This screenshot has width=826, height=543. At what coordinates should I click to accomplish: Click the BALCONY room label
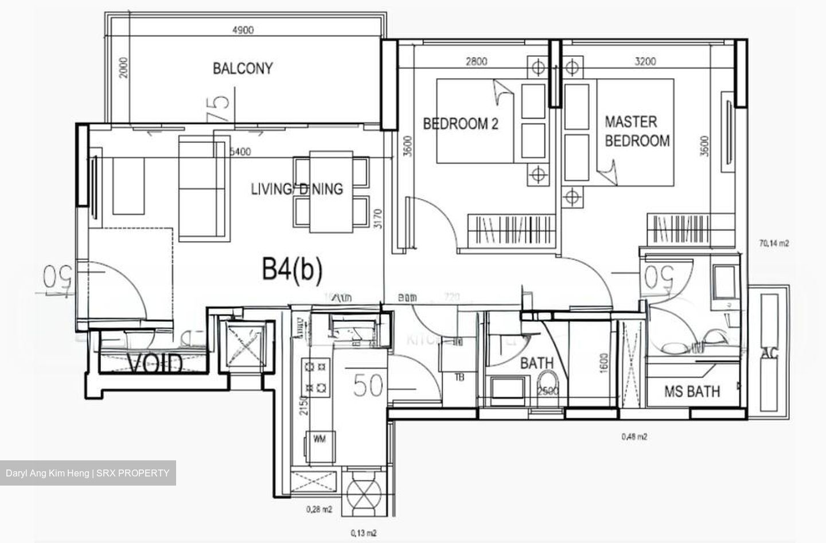point(243,68)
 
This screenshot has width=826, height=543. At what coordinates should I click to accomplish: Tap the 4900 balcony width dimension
point(243,30)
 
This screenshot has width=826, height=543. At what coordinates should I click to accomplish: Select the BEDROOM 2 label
point(461,123)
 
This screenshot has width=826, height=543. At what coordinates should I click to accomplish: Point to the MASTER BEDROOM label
point(637,131)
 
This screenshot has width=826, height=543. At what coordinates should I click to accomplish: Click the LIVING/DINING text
point(297,188)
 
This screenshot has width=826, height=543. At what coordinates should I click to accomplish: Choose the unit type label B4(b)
point(292,269)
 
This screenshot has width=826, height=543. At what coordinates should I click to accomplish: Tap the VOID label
point(155,364)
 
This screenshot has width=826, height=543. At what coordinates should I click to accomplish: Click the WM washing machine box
point(320,439)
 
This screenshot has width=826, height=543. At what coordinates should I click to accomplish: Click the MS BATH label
point(692,392)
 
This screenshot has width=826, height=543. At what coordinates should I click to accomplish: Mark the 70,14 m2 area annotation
point(774,243)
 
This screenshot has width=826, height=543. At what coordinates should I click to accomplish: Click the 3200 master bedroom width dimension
point(645,61)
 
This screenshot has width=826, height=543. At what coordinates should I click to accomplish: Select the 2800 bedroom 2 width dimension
point(476,61)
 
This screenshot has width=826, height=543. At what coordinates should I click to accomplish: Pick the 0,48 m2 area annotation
point(634,436)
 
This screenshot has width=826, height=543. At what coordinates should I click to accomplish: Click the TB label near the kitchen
point(459,377)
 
